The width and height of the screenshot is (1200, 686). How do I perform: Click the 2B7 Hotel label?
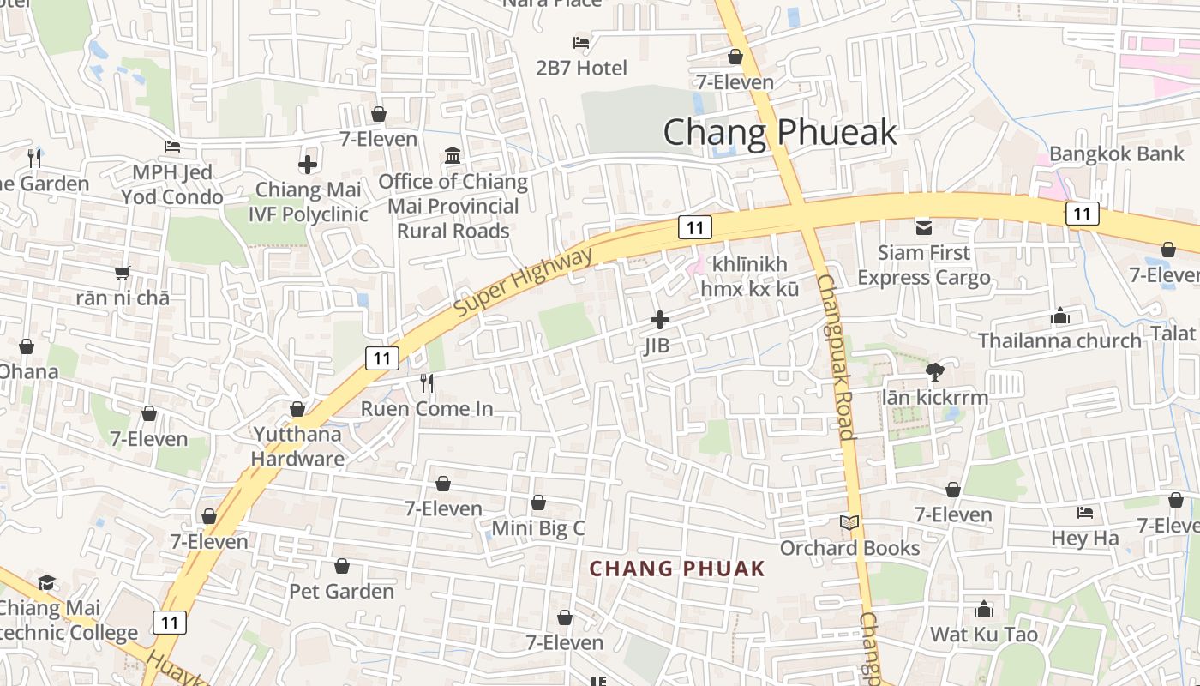[x=581, y=68]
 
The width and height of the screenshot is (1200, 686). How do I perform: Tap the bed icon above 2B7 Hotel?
[x=581, y=42]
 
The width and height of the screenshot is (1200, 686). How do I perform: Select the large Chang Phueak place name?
[x=779, y=132]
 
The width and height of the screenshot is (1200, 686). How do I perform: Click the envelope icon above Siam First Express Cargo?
[x=923, y=227]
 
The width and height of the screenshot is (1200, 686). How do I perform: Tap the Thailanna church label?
[x=1059, y=340]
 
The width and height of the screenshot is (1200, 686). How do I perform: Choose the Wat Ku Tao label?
[x=984, y=635]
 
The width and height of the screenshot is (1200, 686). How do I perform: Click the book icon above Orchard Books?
[x=849, y=522]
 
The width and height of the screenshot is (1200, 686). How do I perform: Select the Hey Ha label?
[x=1085, y=539]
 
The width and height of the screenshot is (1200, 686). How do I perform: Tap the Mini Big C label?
[x=538, y=528]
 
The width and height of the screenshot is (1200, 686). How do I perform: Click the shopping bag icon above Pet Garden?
[x=341, y=566]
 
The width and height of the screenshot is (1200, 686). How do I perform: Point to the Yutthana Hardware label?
[x=297, y=446]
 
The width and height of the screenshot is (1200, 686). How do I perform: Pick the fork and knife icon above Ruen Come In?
[x=427, y=383]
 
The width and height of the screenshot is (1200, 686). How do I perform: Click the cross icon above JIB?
[x=659, y=320]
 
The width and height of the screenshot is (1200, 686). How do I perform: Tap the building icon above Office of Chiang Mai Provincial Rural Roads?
[x=453, y=155]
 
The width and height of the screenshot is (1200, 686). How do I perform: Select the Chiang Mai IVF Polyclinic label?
[x=308, y=202]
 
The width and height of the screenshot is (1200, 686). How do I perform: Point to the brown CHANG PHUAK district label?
[x=676, y=569]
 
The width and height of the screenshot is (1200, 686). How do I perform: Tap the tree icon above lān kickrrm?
[x=934, y=371]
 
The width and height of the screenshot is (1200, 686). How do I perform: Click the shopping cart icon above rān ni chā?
[x=122, y=273]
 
